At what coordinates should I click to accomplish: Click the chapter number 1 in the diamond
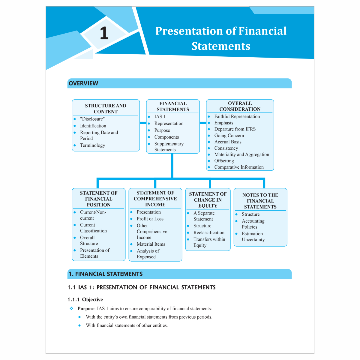(x=104, y=33)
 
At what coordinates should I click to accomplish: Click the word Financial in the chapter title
(x=262, y=31)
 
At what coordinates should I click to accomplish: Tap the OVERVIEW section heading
(x=83, y=83)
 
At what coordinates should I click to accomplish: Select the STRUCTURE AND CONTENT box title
(x=106, y=109)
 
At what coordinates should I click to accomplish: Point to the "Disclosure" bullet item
(x=92, y=119)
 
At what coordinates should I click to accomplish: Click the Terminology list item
(x=92, y=145)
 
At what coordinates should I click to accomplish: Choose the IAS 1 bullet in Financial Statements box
(x=160, y=117)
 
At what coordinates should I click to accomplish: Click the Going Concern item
(x=229, y=136)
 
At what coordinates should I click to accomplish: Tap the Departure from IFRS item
(x=235, y=129)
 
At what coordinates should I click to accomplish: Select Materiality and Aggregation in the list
(x=241, y=154)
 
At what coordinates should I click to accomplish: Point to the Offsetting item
(x=224, y=161)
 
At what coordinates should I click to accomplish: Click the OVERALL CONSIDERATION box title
(x=240, y=106)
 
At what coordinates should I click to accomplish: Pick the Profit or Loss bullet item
(x=150, y=219)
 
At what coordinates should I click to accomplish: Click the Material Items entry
(x=151, y=244)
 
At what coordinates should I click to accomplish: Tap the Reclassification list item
(x=209, y=233)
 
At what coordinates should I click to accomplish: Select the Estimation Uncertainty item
(x=253, y=237)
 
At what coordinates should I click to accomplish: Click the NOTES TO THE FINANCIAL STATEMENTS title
(x=260, y=201)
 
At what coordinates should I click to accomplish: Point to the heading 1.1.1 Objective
(x=85, y=300)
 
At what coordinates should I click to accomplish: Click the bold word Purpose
(x=86, y=309)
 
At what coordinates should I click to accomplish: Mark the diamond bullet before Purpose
(x=71, y=308)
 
